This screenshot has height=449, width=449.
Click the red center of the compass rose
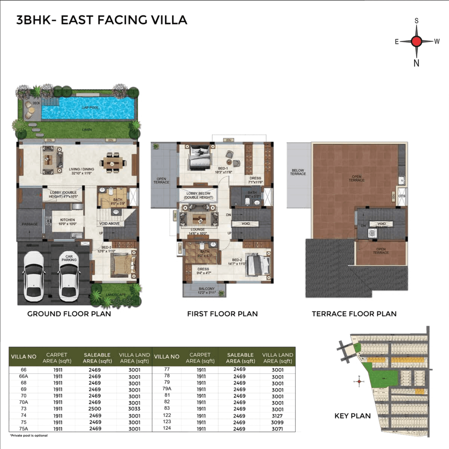point(416,41)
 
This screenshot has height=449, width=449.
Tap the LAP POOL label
point(90,108)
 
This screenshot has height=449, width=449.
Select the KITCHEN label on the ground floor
point(67,222)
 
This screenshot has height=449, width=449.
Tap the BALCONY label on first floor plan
point(206,290)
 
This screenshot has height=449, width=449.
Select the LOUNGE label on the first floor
point(198,231)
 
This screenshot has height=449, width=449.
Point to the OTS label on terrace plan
point(402,196)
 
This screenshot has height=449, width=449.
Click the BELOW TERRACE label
point(298,172)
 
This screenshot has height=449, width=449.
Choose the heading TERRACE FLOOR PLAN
point(354,314)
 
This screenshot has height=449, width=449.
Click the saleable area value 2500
point(95,409)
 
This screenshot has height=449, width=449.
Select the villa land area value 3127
point(277,416)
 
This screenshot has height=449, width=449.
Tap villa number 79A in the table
point(167,389)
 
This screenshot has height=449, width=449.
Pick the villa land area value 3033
point(134,409)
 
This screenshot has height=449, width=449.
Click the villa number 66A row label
point(24,376)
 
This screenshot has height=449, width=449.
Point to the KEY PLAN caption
point(352,416)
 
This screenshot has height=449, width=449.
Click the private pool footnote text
point(29,436)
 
